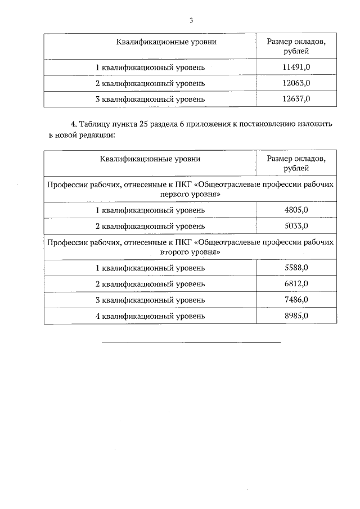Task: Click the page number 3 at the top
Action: click(191, 21)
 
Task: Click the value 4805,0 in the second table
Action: click(296, 210)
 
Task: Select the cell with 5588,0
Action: click(296, 268)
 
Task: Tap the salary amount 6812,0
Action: click(296, 283)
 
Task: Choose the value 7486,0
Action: click(296, 300)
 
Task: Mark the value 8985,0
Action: click(296, 316)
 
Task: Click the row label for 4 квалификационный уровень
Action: click(150, 316)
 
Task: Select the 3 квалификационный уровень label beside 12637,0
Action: click(150, 99)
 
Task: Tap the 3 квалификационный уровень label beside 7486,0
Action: click(150, 300)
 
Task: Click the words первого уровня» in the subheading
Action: click(191, 194)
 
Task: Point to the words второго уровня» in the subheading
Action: click(191, 252)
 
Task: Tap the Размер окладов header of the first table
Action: click(296, 41)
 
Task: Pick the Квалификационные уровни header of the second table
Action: click(150, 159)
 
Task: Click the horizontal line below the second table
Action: click(191, 342)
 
